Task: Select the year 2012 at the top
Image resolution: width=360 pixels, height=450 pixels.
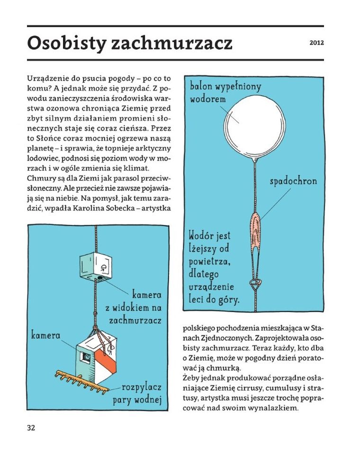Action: (316, 43)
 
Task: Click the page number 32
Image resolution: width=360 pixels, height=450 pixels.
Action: (31, 428)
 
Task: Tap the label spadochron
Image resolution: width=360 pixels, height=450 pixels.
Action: (293, 181)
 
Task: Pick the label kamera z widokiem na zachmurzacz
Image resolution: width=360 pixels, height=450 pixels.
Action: (133, 307)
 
